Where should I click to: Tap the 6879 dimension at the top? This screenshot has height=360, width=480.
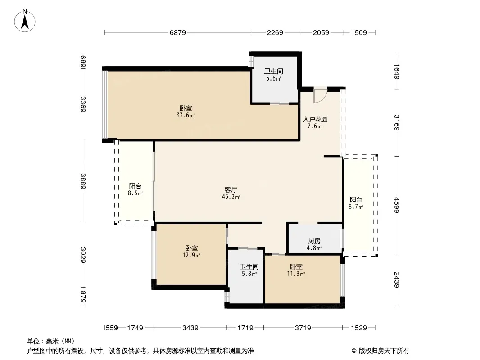(178, 32)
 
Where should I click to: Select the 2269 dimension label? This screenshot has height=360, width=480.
(275, 32)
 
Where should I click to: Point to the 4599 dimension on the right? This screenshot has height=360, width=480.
(397, 205)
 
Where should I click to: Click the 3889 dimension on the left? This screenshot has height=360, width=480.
(83, 181)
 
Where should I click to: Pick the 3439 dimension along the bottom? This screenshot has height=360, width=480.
(190, 328)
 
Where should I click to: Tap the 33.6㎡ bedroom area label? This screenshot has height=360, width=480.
(186, 115)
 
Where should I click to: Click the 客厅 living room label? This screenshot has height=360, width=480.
(231, 189)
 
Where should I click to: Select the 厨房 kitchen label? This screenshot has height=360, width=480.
(314, 241)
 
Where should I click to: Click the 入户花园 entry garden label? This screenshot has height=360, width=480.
(315, 119)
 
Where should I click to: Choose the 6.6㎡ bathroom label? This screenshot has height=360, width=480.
(273, 78)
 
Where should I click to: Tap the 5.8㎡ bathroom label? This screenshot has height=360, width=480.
(249, 274)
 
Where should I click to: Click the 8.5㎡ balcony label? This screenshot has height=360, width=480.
(135, 193)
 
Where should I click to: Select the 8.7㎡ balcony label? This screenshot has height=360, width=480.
(356, 207)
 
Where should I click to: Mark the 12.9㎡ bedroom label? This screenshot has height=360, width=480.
(192, 255)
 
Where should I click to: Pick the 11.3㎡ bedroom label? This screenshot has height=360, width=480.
(296, 274)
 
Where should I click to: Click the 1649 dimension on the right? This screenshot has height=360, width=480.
(397, 71)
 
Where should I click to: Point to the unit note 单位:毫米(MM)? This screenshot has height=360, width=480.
(51, 341)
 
